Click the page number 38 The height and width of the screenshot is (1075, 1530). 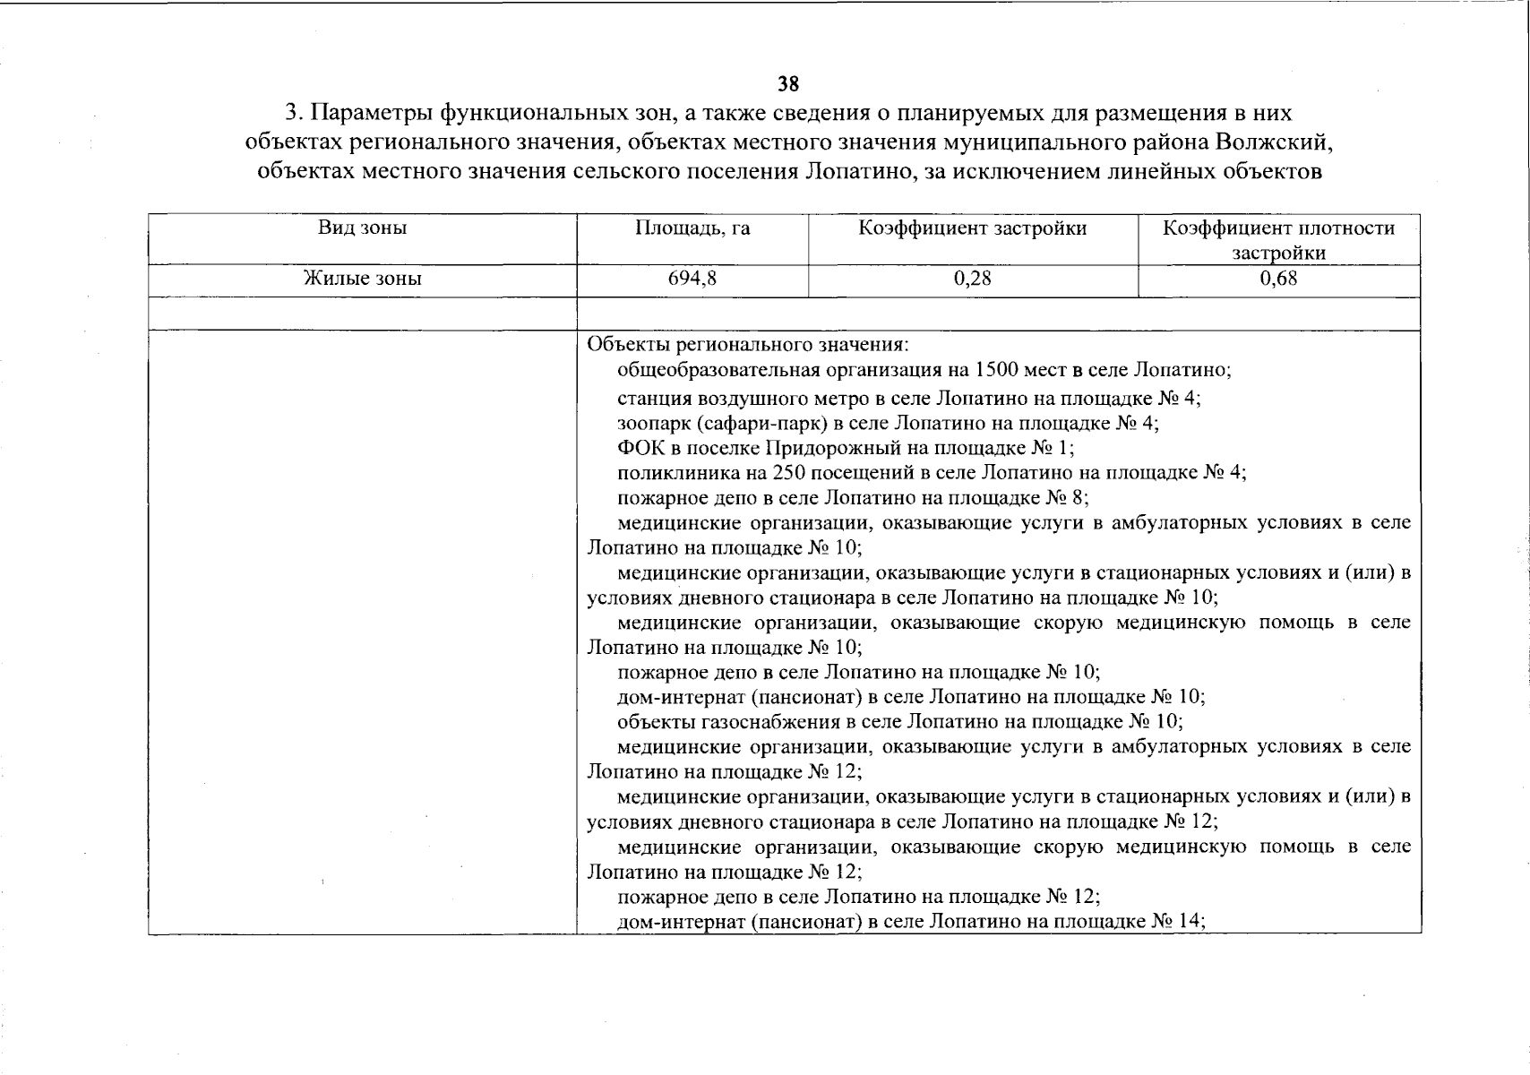point(787,84)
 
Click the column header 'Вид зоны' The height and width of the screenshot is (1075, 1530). point(363,228)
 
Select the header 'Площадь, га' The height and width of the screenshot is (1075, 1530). point(692,228)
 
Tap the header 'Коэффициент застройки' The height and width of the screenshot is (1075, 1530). point(973,228)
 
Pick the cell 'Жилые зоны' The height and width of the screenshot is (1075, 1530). point(363,279)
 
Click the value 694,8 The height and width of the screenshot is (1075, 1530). point(692,279)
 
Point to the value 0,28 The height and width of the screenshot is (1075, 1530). point(973,279)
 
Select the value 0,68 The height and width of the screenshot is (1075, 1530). point(1278,279)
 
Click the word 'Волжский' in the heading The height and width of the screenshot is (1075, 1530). point(1276,142)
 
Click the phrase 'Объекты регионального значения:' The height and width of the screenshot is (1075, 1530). point(748,345)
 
